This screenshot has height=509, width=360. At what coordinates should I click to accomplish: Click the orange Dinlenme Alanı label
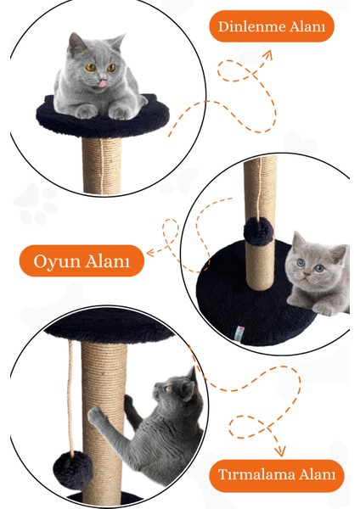click(272, 26)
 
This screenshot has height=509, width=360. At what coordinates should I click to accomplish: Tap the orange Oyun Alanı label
click(82, 261)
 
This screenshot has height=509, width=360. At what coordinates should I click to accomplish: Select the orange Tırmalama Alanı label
click(276, 476)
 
